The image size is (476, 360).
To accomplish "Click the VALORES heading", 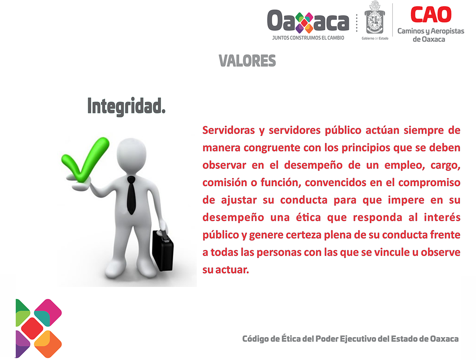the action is [x=247, y=61].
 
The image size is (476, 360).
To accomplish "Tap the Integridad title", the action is [x=126, y=107].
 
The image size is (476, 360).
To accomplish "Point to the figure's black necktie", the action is [x=131, y=195].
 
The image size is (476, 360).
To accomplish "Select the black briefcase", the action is [x=163, y=250].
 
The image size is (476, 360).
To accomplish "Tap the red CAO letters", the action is [x=431, y=14].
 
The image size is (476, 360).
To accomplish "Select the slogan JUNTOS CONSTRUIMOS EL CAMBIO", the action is [x=308, y=38].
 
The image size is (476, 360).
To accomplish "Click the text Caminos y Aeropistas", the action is [x=431, y=31].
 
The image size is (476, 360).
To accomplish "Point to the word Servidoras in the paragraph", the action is [x=228, y=130].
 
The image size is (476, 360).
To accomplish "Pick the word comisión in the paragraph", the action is [x=225, y=182].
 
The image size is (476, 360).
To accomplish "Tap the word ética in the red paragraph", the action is [x=308, y=217].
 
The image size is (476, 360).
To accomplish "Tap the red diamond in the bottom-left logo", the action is [x=32, y=328].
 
